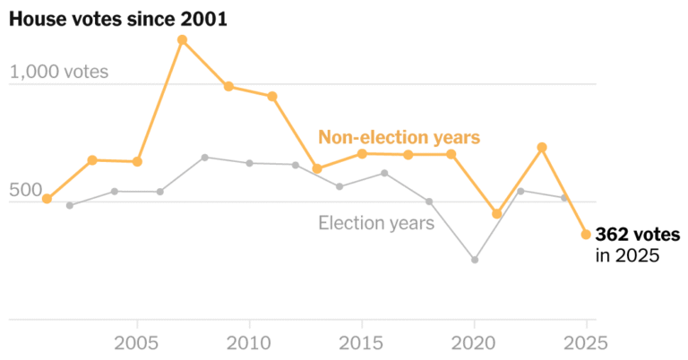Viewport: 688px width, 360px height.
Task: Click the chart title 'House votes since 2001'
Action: (x=117, y=18)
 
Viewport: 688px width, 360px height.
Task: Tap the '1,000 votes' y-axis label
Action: (x=59, y=72)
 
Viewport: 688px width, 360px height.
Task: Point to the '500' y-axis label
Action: (x=26, y=190)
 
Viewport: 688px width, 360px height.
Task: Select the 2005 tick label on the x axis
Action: (x=137, y=342)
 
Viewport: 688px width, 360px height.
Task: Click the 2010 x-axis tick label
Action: (x=249, y=342)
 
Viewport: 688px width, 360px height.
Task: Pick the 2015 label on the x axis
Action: (x=361, y=342)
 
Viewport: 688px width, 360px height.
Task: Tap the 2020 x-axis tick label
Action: (x=474, y=342)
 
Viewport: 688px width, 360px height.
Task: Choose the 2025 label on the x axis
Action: (x=586, y=342)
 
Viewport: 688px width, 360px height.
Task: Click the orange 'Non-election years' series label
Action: (x=400, y=137)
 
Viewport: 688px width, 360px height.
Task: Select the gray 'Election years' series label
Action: (x=376, y=223)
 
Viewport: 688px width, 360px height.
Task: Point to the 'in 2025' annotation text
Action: (x=627, y=255)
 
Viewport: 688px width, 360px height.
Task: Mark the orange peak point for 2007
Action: (x=182, y=39)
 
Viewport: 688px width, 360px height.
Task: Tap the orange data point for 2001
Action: (x=47, y=199)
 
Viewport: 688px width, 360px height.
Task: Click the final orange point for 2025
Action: (x=586, y=235)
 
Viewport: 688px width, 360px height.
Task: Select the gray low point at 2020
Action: (x=474, y=260)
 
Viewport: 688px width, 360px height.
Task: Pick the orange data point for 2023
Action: (x=541, y=147)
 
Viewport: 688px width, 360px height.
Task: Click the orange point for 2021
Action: (x=496, y=214)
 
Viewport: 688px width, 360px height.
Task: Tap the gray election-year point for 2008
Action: (x=204, y=158)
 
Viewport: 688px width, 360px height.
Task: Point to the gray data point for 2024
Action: (x=563, y=197)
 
